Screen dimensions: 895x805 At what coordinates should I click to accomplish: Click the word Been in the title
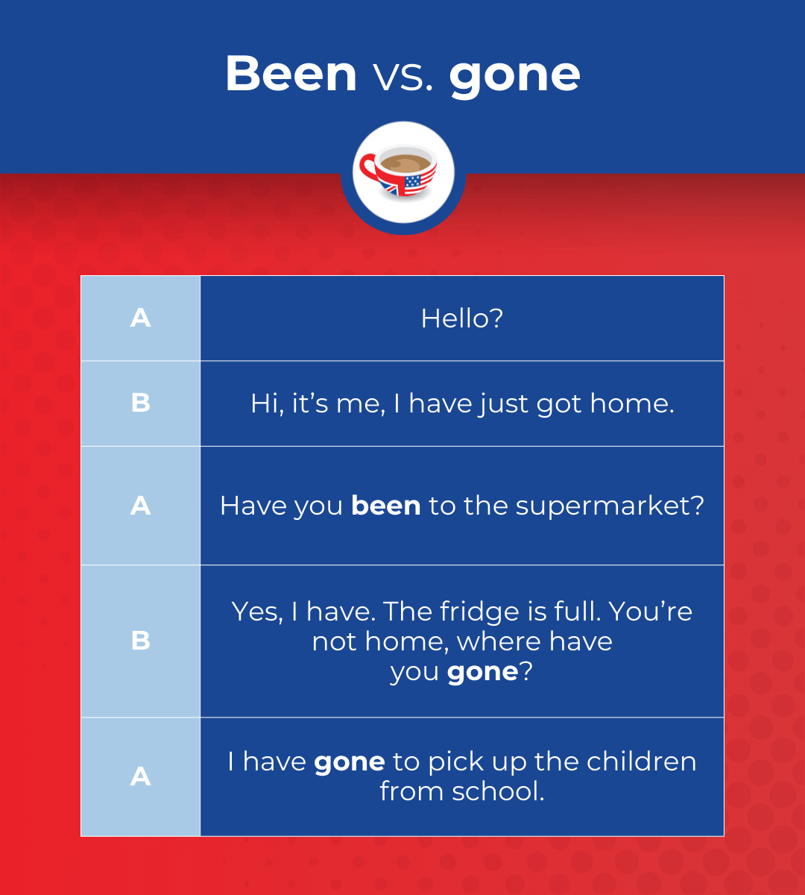[291, 73]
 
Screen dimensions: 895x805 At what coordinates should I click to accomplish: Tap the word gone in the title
[514, 75]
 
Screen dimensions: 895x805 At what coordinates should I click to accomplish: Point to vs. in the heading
[402, 76]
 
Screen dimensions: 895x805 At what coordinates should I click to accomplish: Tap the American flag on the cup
[420, 181]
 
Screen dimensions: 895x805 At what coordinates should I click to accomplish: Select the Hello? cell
[461, 318]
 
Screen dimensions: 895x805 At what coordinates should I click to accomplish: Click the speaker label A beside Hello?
[140, 318]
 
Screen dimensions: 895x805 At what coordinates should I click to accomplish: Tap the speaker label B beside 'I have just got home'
[140, 403]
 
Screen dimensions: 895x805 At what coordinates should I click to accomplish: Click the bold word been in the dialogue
[385, 506]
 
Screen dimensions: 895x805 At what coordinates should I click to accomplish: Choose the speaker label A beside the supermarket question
[140, 506]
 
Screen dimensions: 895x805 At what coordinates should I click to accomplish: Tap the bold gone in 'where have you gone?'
[482, 672]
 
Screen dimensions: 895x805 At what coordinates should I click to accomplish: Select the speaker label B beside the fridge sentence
[140, 641]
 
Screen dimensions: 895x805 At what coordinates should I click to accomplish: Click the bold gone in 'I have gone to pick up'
[350, 762]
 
